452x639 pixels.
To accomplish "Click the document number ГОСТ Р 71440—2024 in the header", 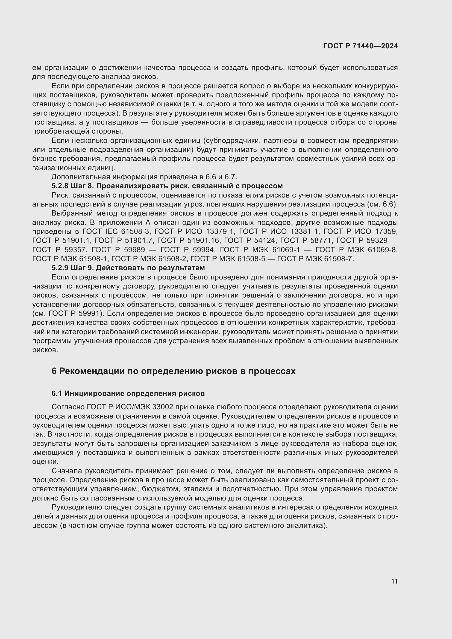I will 360,46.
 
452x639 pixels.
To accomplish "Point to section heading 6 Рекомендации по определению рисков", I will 174,371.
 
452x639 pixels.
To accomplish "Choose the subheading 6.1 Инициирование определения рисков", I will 128,393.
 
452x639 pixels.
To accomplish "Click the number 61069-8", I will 383,250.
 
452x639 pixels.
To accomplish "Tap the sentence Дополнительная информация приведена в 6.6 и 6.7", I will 144,177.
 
